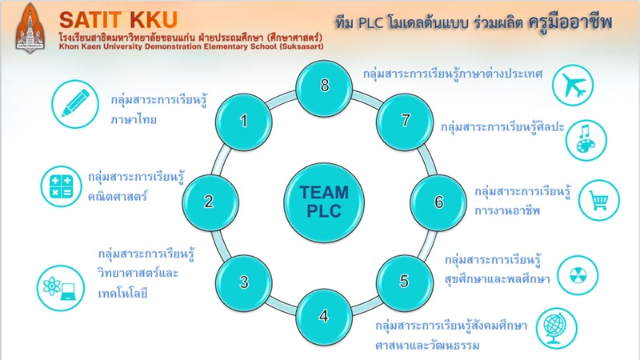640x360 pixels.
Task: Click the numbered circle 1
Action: click(x=245, y=121)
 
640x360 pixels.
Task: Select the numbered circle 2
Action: click(x=208, y=201)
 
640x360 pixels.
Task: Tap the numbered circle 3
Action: click(x=244, y=281)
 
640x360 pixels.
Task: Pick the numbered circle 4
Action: click(x=323, y=314)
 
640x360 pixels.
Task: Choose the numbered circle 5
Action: click(x=404, y=281)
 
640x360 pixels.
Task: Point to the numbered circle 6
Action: click(x=438, y=201)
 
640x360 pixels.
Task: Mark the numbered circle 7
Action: click(x=404, y=121)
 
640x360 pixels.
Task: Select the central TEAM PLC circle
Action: click(x=323, y=201)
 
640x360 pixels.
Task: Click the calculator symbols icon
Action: click(x=62, y=186)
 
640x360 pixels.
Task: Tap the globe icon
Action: click(x=555, y=327)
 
